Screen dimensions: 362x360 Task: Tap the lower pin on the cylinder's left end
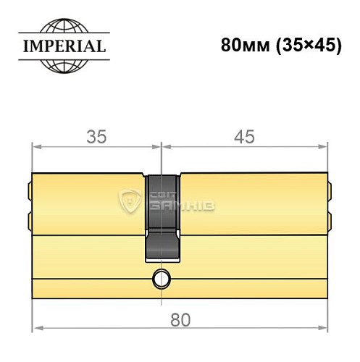(30, 219)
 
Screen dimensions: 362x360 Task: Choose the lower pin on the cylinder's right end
(329, 219)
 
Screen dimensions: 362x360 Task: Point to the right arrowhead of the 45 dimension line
(322, 148)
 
